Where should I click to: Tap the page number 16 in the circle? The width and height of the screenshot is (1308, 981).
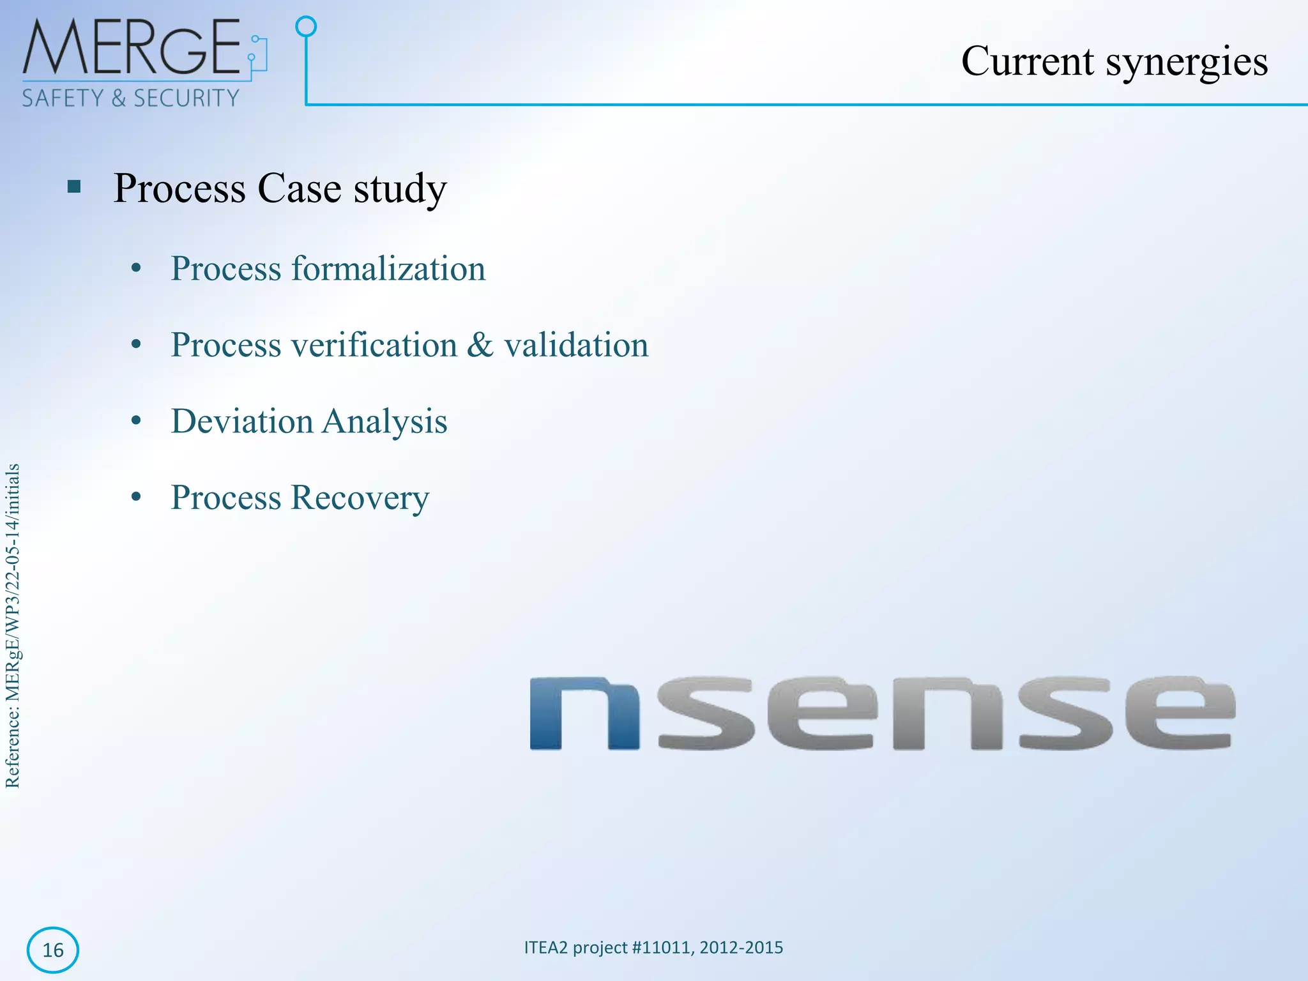52,950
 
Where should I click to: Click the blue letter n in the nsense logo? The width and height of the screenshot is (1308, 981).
584,713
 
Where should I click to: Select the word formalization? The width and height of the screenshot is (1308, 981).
388,268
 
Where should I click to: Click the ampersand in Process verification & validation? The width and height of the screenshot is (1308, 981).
480,345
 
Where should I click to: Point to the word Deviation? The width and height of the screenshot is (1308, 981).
241,422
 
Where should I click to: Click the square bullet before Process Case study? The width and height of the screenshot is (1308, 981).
74,187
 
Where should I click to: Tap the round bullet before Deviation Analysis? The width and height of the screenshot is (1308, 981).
135,422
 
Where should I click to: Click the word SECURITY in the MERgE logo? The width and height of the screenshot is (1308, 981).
186,98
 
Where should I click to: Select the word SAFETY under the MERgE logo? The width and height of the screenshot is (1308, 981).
63,98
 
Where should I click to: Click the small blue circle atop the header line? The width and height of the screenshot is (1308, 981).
306,27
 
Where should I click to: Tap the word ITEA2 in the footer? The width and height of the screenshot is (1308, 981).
545,947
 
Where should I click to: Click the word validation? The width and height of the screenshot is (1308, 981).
576,345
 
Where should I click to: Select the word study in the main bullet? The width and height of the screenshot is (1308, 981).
400,189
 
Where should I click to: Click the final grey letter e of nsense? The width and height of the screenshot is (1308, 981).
1180,713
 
